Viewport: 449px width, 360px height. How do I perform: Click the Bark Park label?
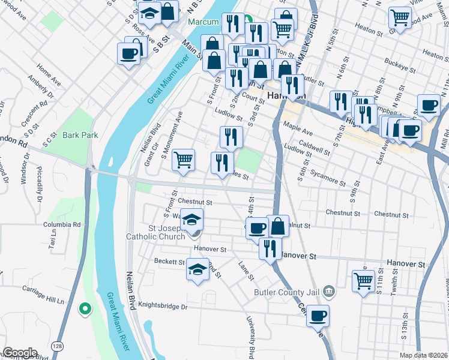click(80, 135)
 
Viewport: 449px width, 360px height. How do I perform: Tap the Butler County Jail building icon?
click(328, 292)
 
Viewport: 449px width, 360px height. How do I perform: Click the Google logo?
click(20, 353)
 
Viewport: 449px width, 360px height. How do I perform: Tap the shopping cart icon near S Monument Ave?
click(183, 160)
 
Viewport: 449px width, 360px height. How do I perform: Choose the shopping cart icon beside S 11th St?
click(363, 281)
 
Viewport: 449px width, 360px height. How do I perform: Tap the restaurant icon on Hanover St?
click(270, 247)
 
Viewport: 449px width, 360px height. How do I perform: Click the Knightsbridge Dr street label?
click(163, 306)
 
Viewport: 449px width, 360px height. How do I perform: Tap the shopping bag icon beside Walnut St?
click(277, 226)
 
